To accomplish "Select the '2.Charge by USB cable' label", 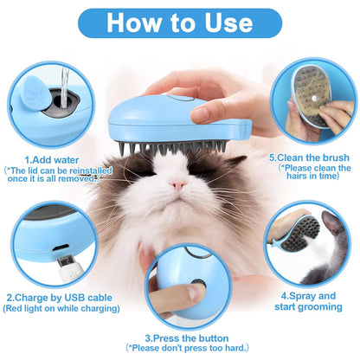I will pyautogui.click(x=51, y=296).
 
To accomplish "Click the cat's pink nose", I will pyautogui.click(x=177, y=184).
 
